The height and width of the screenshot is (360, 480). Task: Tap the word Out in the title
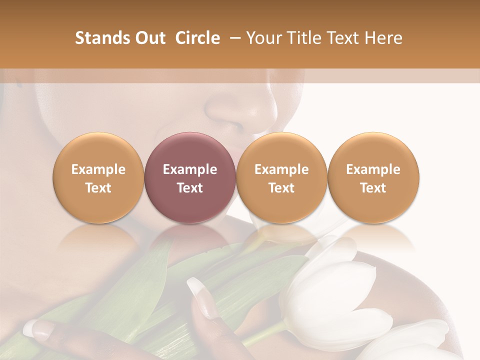tap(149, 38)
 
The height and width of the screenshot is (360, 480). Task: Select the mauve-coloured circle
tap(190, 177)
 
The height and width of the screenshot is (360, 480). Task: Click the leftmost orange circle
tap(98, 177)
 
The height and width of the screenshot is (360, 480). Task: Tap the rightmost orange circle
tap(373, 177)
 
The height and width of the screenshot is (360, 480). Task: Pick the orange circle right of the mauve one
tap(281, 177)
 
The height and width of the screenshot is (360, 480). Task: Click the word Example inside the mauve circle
tap(190, 169)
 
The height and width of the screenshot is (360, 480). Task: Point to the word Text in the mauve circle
tap(190, 188)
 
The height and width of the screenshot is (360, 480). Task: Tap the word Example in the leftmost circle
tap(98, 169)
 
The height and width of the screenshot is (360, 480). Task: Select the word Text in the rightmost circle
tap(373, 188)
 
